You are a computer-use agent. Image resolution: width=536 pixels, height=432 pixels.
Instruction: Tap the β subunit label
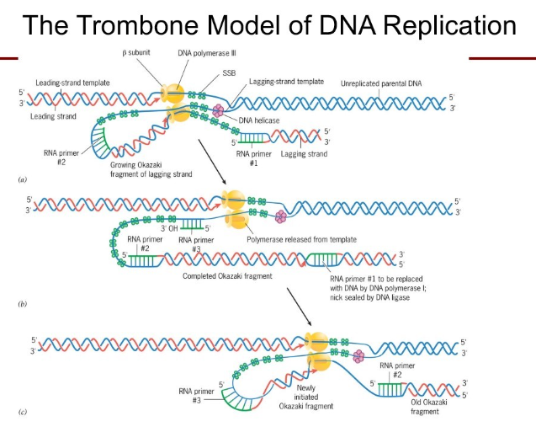[x=138, y=53]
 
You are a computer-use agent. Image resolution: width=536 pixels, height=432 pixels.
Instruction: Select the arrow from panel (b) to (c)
[x=300, y=307]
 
